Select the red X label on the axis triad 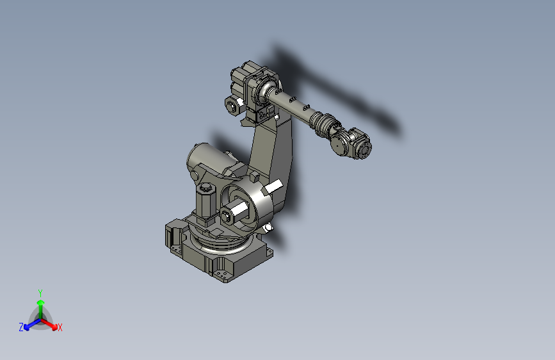(60, 327)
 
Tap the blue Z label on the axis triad (21, 327)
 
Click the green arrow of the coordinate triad (40, 306)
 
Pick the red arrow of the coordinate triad (51, 323)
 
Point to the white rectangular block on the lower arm (273, 188)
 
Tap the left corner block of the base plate (173, 234)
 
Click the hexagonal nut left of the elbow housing (231, 104)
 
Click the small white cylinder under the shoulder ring (268, 227)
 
